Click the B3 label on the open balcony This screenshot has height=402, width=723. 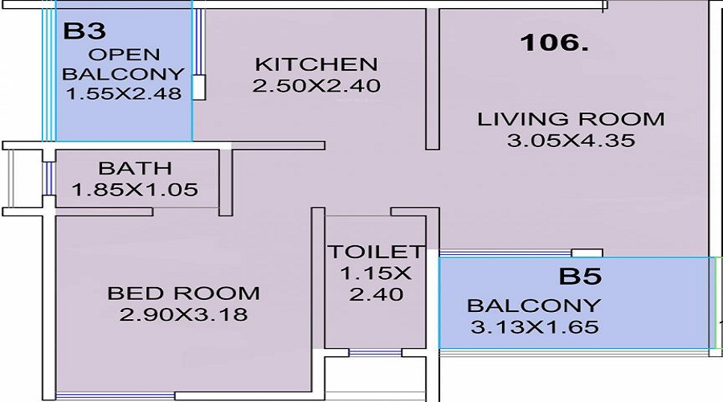pyautogui.click(x=84, y=31)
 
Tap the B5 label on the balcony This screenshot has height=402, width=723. pyautogui.click(x=580, y=276)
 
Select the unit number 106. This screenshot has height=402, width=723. pyautogui.click(x=554, y=42)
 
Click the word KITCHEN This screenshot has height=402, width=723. pyautogui.click(x=317, y=64)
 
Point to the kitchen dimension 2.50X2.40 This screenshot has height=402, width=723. pyautogui.click(x=317, y=85)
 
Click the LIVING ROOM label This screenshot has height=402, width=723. pyautogui.click(x=571, y=119)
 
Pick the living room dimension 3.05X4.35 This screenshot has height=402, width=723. pyautogui.click(x=571, y=141)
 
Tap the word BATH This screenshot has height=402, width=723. pyautogui.click(x=135, y=168)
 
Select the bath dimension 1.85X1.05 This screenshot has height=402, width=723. pyautogui.click(x=135, y=189)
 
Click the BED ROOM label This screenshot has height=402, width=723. pyautogui.click(x=183, y=293)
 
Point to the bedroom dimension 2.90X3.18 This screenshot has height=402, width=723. pyautogui.click(x=183, y=314)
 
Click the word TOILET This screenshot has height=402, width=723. pyautogui.click(x=375, y=252)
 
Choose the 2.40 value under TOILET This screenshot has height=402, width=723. pyautogui.click(x=376, y=294)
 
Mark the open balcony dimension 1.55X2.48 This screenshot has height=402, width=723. pyautogui.click(x=124, y=93)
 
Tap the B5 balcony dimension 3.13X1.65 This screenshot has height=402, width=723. pyautogui.click(x=534, y=326)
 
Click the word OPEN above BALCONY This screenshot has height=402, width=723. pyautogui.click(x=124, y=55)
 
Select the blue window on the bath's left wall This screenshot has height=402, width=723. pyautogui.click(x=48, y=178)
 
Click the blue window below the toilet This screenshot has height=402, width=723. pyautogui.click(x=375, y=353)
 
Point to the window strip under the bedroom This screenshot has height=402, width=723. pyautogui.click(x=115, y=396)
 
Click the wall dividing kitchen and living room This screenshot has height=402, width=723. pyautogui.click(x=432, y=79)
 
